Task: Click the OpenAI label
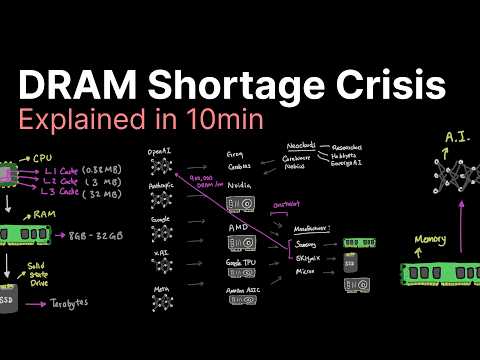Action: click(159, 151)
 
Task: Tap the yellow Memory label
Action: click(429, 240)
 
